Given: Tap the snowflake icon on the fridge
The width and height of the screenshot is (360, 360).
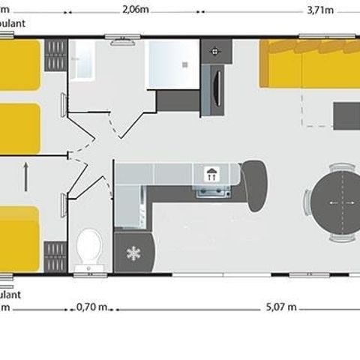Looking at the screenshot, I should tap(133, 253).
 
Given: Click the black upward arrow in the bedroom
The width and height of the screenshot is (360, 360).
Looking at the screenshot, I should tap(26, 178).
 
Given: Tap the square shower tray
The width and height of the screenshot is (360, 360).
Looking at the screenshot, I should tap(172, 64).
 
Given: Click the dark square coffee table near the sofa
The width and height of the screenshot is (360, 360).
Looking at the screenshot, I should tap(346, 115).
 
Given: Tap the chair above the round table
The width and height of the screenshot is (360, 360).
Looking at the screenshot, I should tap(341, 167).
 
